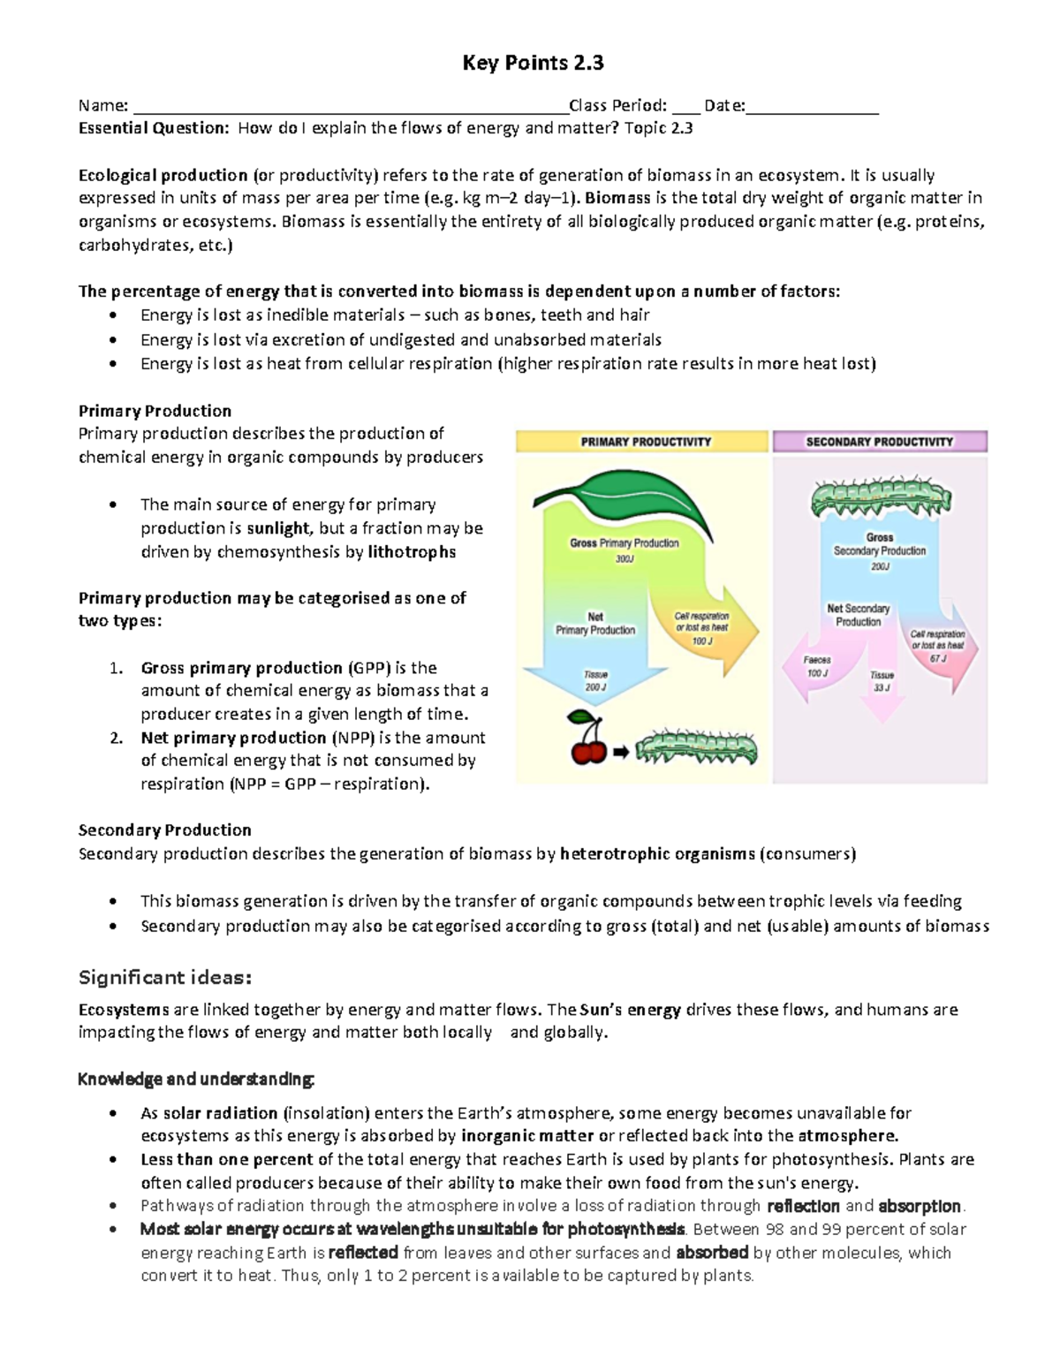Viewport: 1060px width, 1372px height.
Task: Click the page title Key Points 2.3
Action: click(x=534, y=63)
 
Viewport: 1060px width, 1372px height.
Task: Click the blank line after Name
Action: click(x=349, y=108)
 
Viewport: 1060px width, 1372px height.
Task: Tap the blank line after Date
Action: click(x=812, y=108)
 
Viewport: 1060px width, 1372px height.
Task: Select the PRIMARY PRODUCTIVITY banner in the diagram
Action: click(x=645, y=442)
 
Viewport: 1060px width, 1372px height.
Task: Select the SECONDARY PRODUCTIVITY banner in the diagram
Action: click(x=879, y=442)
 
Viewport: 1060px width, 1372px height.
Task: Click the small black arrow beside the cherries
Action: click(x=620, y=752)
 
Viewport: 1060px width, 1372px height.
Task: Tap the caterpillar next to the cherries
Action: click(x=696, y=747)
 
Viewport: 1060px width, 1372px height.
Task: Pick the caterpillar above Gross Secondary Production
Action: click(x=880, y=499)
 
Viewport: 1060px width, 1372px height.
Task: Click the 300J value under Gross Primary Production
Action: click(x=625, y=559)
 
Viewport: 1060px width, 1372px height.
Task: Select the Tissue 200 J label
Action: click(x=595, y=680)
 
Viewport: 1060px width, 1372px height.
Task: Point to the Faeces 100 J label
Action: click(x=817, y=667)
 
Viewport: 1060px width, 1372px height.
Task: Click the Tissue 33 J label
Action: click(x=882, y=681)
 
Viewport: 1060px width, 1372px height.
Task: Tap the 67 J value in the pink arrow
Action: click(x=937, y=658)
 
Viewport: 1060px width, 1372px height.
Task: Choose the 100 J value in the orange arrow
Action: click(x=702, y=641)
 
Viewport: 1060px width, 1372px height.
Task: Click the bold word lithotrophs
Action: click(x=412, y=552)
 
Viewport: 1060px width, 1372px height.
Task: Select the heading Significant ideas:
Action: click(x=165, y=977)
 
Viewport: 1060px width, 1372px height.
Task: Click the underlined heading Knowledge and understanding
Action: click(x=195, y=1080)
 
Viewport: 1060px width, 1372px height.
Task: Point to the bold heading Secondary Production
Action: click(x=164, y=830)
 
